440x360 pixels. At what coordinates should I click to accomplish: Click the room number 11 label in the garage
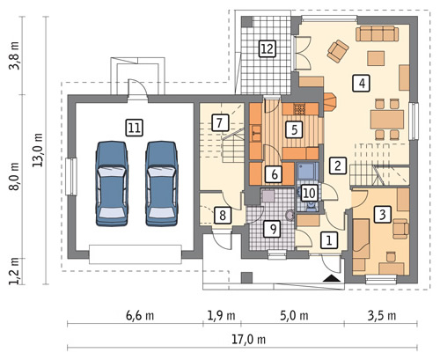click(135, 128)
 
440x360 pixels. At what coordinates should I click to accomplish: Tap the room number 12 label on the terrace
click(268, 48)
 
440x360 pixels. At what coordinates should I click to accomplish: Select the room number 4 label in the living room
click(362, 84)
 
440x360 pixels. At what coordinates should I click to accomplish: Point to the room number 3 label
click(383, 215)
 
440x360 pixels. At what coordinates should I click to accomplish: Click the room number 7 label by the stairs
click(220, 122)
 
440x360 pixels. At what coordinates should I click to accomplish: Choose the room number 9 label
click(273, 229)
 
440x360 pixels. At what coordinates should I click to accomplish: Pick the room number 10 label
click(309, 194)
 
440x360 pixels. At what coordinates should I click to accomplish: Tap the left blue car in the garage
click(112, 184)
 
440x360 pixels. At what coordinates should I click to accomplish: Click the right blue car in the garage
click(162, 184)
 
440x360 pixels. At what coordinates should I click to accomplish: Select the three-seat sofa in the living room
click(378, 33)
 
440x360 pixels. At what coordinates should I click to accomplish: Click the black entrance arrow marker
click(332, 278)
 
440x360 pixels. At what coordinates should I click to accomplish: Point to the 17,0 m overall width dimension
click(249, 340)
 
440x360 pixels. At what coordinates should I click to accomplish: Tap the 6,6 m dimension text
click(140, 316)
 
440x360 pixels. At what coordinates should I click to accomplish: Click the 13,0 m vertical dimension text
click(38, 150)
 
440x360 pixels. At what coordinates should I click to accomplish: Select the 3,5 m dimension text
click(382, 316)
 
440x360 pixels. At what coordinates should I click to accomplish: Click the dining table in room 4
click(387, 119)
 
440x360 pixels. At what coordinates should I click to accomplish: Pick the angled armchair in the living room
click(338, 51)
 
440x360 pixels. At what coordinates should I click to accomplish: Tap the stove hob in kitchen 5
click(299, 109)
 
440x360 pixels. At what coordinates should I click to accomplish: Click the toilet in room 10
click(311, 206)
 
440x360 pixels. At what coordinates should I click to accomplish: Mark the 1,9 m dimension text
click(222, 316)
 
